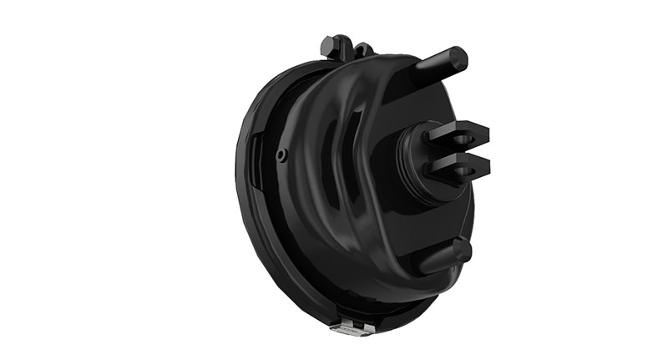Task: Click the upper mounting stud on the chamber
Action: point(438,64)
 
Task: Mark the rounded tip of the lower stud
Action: point(463,248)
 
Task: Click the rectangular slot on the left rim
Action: point(256,150)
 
